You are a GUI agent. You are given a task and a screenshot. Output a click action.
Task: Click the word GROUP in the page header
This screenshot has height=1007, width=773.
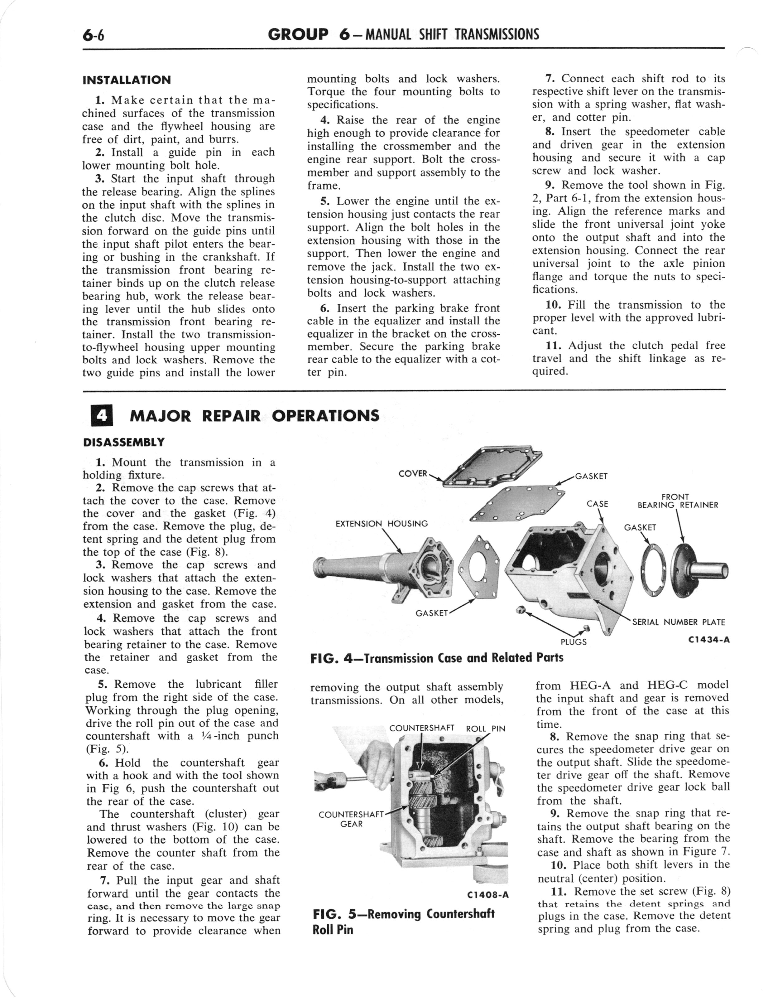point(298,34)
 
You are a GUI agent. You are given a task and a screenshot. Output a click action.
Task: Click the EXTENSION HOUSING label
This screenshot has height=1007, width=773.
point(382,524)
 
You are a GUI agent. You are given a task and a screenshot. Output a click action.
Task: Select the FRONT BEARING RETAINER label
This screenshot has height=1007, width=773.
point(677,501)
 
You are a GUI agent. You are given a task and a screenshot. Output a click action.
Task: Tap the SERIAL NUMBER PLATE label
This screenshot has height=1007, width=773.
point(679,622)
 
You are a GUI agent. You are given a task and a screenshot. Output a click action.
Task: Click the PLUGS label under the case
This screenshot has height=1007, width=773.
point(573,641)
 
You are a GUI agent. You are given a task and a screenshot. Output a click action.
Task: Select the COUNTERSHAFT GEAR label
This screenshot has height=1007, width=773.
point(351,819)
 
